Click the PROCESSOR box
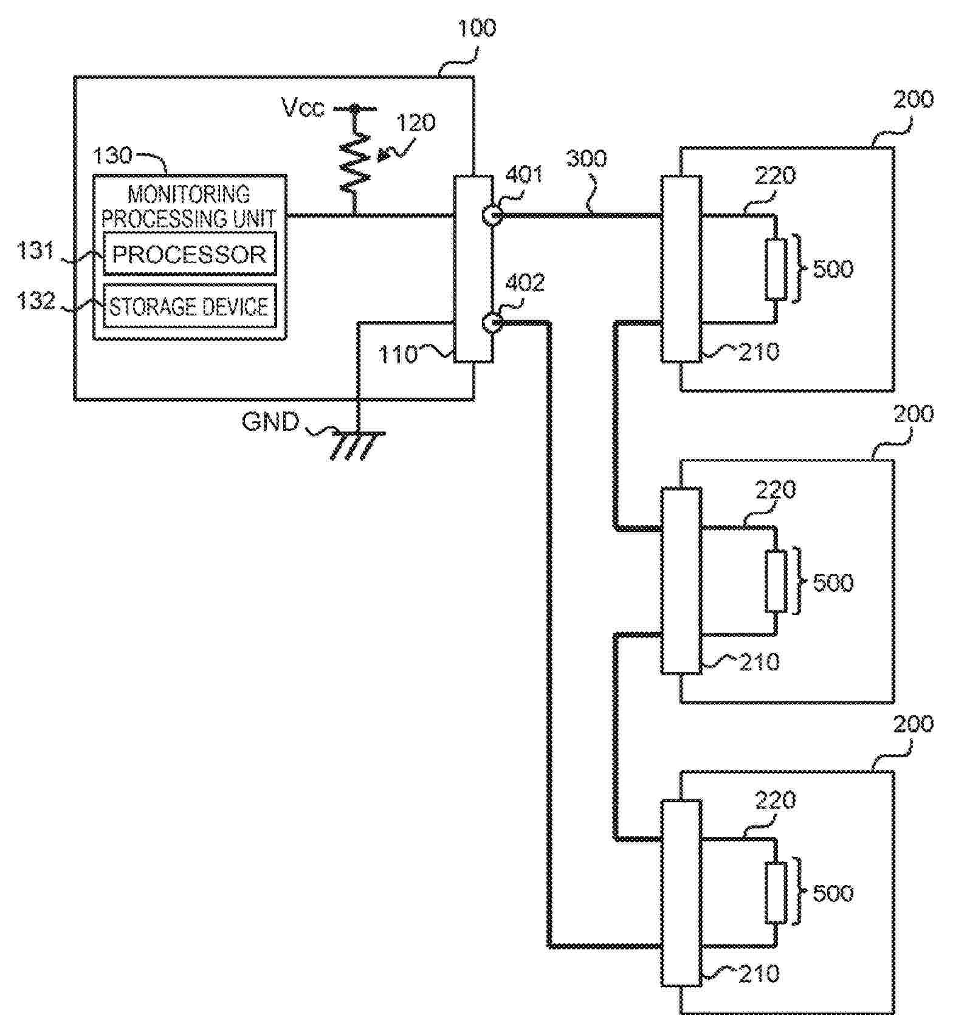pos(190,254)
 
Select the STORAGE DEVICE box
pos(190,306)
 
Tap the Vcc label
pos(303,108)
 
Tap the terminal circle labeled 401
pos(491,215)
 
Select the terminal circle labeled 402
pos(491,323)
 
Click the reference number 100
pos(476,28)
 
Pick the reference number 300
pos(587,159)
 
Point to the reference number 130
pos(112,156)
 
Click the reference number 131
pos(35,250)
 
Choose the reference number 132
pos(36,300)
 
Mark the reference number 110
pos(398,354)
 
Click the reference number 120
pos(416,123)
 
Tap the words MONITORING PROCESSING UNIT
pos(189,206)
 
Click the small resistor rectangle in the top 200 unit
pos(776,269)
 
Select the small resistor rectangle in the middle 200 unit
pos(776,581)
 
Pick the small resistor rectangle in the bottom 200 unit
pos(776,892)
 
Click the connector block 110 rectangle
pos(473,269)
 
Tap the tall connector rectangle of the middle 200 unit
pos(681,580)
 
